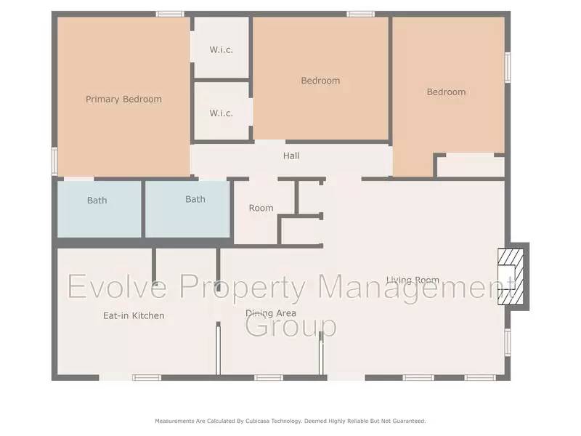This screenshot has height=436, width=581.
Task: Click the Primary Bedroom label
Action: [x=123, y=99]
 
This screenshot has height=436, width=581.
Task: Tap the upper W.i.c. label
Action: [x=221, y=49]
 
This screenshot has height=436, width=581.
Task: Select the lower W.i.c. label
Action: [x=221, y=113]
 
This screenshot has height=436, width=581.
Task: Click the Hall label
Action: [x=291, y=156]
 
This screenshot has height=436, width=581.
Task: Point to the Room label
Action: [x=261, y=208]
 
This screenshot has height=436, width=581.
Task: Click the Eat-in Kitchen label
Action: [x=133, y=315]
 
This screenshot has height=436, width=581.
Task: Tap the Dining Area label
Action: [x=270, y=313]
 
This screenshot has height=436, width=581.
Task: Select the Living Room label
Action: [x=413, y=280]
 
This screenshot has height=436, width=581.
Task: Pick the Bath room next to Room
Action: [x=188, y=209]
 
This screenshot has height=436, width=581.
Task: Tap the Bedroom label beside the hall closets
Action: [x=320, y=81]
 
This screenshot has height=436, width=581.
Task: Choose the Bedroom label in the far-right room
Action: [x=446, y=92]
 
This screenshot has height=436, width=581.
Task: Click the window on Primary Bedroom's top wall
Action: [x=170, y=13]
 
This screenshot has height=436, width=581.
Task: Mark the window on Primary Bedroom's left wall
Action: [x=54, y=161]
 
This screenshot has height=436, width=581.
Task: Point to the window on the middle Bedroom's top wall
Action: [x=360, y=13]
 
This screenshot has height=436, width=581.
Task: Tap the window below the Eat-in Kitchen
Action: [x=146, y=377]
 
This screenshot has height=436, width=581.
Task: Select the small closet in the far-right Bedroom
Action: [x=471, y=166]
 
